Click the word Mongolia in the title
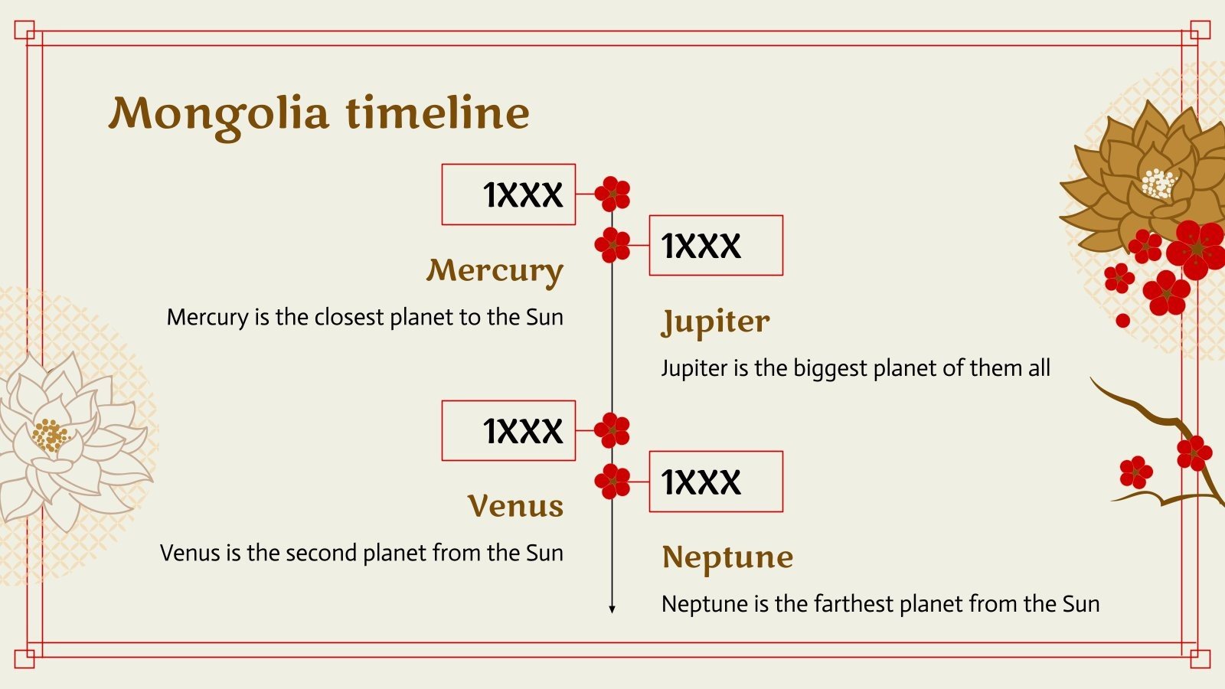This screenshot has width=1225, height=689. (x=219, y=116)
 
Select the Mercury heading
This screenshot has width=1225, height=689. (x=495, y=272)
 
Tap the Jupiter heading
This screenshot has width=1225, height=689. (x=715, y=322)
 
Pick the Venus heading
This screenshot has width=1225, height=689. (x=515, y=506)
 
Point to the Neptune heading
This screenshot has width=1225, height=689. (x=727, y=558)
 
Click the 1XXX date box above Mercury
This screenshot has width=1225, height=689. (x=508, y=194)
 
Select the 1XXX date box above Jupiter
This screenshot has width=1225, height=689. (x=716, y=245)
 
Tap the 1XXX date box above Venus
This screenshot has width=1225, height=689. (x=508, y=430)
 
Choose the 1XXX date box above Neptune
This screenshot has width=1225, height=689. (x=716, y=482)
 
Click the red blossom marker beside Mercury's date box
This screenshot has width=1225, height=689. (x=612, y=194)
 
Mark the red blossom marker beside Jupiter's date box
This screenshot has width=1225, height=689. (x=612, y=245)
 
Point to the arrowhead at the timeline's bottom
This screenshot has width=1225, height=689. (x=612, y=609)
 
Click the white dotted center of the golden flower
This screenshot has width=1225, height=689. (x=1158, y=184)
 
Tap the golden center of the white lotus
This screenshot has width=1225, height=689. (x=51, y=436)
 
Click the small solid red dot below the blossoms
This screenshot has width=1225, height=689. (x=1122, y=321)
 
